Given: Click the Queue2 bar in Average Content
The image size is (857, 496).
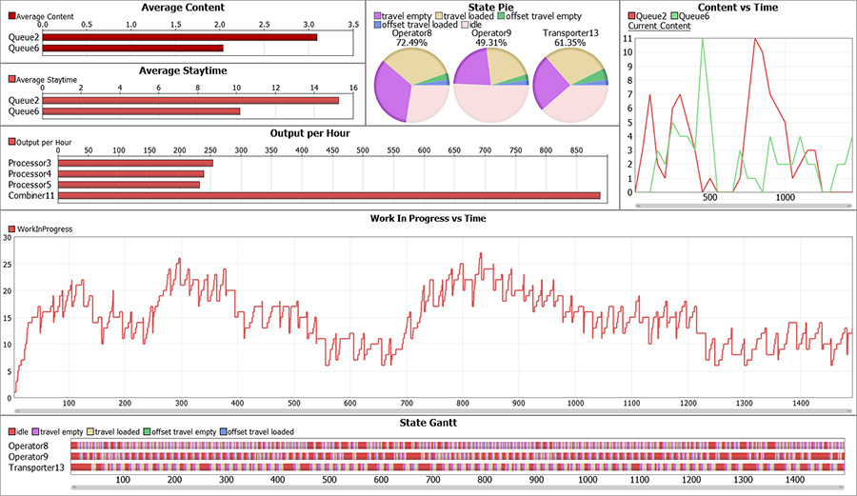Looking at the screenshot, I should point(180,37).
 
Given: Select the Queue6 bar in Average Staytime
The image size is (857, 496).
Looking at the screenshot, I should point(141,111).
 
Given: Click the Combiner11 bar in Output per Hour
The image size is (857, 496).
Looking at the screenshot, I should point(329,195).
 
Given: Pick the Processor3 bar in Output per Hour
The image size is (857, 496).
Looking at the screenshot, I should point(135,164).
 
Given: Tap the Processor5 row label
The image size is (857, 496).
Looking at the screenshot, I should point(30,185).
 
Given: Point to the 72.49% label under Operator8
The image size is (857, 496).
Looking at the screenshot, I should point(412,43).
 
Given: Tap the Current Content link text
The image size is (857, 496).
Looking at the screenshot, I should point(660,26).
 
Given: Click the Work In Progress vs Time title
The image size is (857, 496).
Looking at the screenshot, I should point(428,218).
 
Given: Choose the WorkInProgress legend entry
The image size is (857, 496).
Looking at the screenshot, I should point(43,229).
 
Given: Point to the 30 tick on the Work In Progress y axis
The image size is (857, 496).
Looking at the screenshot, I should point(7,238).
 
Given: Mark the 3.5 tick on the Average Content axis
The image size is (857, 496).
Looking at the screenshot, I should point(353,23).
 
